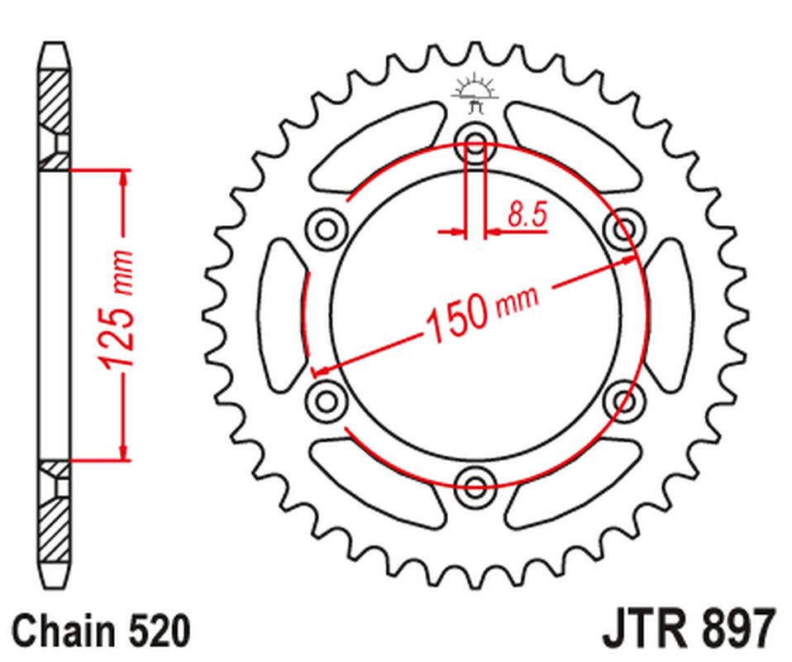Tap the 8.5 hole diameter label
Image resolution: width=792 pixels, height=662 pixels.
[x=526, y=216]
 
